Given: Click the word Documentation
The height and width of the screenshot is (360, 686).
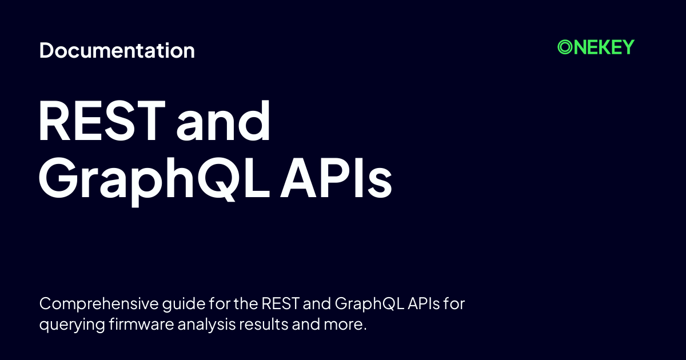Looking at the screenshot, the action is point(117,50).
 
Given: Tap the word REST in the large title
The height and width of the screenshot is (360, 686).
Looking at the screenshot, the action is point(102,121).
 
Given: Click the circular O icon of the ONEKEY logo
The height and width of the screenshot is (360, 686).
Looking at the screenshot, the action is point(565,47).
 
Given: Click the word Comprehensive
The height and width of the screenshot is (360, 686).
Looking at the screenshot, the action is point(99,304).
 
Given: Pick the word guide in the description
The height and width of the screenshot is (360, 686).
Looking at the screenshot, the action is point(184,304).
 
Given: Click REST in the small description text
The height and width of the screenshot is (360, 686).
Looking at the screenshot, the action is point(280,303).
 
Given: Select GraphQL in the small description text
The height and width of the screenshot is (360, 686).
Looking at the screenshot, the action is point(369,304).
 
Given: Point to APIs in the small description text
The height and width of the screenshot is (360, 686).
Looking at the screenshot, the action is point(424,303).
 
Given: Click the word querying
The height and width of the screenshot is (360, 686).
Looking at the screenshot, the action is point(72,325).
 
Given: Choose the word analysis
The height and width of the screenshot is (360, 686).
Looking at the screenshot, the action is point(207,324).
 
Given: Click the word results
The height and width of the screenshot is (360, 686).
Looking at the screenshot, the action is point(264,323).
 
